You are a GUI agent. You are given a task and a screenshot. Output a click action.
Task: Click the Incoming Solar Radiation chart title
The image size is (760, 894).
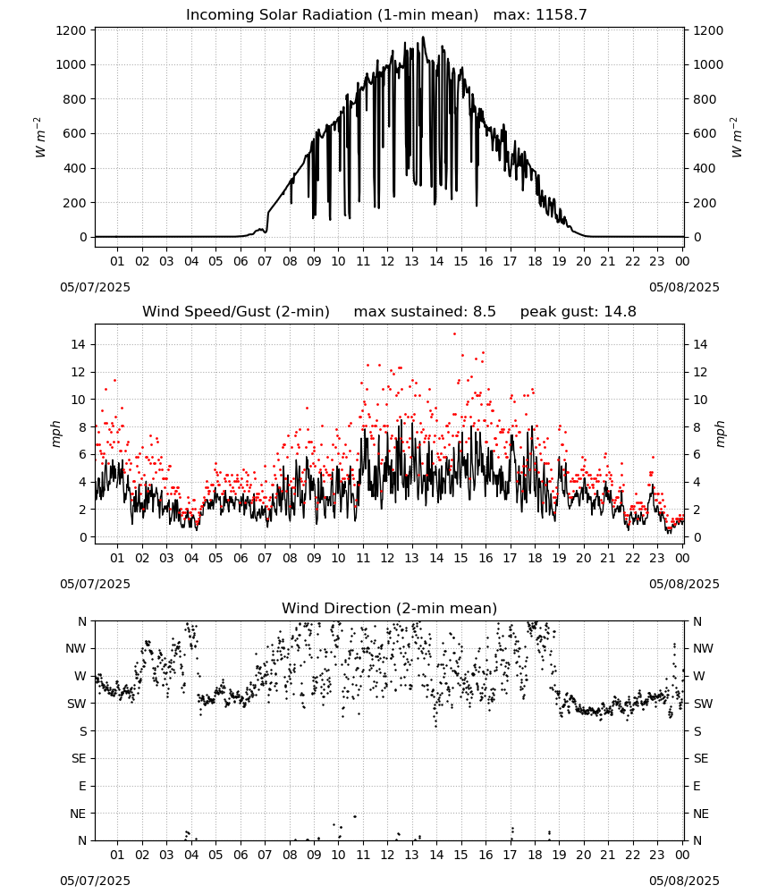pyautogui.click(x=332, y=15)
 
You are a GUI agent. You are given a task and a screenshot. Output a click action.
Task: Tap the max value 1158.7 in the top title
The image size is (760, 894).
pyautogui.click(x=561, y=15)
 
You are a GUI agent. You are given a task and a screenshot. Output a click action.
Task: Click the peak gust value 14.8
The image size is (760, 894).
pyautogui.click(x=618, y=312)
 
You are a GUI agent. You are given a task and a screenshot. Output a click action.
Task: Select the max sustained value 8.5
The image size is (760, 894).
pyautogui.click(x=484, y=312)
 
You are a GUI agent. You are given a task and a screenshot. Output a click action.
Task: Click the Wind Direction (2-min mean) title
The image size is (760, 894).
pyautogui.click(x=390, y=608)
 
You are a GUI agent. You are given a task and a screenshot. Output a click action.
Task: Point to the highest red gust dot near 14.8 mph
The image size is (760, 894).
pyautogui.click(x=454, y=333)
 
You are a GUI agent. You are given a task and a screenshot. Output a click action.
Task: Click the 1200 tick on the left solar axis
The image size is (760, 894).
pyautogui.click(x=72, y=30)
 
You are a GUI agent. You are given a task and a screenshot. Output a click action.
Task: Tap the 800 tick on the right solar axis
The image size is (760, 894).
pyautogui.click(x=705, y=99)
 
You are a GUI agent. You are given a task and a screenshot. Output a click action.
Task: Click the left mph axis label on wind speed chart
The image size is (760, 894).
pyautogui.click(x=55, y=434)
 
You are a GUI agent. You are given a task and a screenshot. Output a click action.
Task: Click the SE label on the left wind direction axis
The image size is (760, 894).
pyautogui.click(x=79, y=758)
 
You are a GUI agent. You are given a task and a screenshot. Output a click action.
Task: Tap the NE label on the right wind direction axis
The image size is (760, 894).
pyautogui.click(x=701, y=814)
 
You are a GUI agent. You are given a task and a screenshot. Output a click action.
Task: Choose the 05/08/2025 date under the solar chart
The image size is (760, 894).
pyautogui.click(x=684, y=287)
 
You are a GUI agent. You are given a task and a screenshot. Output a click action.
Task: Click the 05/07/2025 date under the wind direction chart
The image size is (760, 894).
pyautogui.click(x=95, y=881)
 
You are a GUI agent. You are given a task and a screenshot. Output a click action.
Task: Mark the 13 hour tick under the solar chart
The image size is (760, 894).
pyautogui.click(x=411, y=261)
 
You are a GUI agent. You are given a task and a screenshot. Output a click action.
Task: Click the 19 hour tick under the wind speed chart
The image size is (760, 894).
pyautogui.click(x=560, y=558)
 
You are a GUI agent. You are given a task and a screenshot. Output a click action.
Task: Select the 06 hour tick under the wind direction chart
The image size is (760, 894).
pyautogui.click(x=241, y=855)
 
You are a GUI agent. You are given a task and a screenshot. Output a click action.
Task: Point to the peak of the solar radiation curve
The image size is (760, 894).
pyautogui.click(x=423, y=37)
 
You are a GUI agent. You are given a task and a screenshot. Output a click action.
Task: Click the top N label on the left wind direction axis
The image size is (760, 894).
pyautogui.click(x=82, y=621)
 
